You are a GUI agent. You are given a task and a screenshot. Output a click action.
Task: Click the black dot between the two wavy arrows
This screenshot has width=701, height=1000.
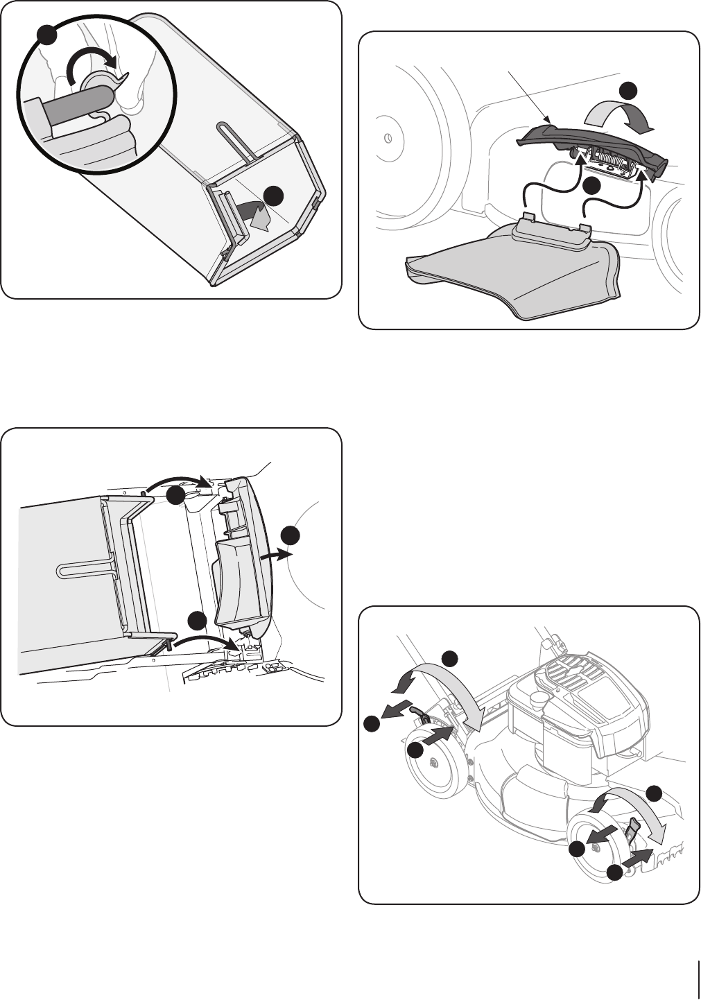tap(591, 186)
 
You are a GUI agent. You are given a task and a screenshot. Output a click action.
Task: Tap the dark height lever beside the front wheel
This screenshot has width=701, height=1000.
tap(634, 829)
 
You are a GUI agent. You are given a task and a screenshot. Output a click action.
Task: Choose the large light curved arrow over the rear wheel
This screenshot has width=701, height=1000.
tap(444, 683)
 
